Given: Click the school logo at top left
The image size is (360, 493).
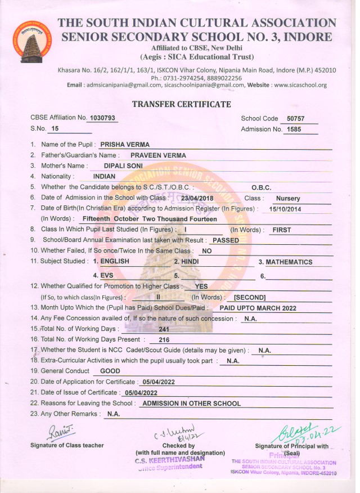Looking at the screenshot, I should (x=28, y=43).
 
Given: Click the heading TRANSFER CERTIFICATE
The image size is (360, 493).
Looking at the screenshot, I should (x=181, y=104).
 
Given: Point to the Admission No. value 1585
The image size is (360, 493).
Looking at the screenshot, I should (x=294, y=129).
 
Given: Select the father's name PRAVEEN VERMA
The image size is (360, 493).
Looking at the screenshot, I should (x=158, y=155).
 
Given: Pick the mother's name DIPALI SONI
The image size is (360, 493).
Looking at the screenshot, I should (x=123, y=166).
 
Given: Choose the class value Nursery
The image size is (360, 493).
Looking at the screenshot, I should (x=288, y=198).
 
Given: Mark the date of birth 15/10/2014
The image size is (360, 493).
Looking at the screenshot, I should (x=286, y=209).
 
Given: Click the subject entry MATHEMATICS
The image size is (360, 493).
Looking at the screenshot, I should (x=289, y=262).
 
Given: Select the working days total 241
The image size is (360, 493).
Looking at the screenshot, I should (x=164, y=329).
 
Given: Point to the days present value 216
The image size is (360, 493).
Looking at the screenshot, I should (x=164, y=340).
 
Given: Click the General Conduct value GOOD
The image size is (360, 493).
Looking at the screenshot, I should (x=110, y=371).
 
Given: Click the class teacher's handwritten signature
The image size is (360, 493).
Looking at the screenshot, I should (x=66, y=431).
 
